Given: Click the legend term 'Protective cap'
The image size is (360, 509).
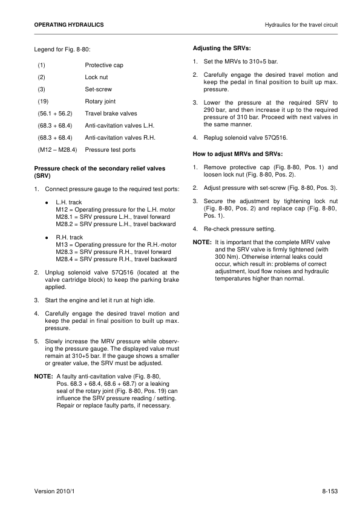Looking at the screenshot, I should (x=104, y=65).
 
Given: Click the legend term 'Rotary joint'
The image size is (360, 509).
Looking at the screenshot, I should (x=100, y=101).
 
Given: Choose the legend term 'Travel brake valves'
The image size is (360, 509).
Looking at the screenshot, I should (x=111, y=113).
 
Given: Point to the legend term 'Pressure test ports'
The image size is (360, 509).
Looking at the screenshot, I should (x=110, y=149).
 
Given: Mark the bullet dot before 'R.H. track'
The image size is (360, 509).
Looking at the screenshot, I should (x=47, y=238).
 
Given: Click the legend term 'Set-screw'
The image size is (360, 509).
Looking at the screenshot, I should (x=99, y=89).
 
